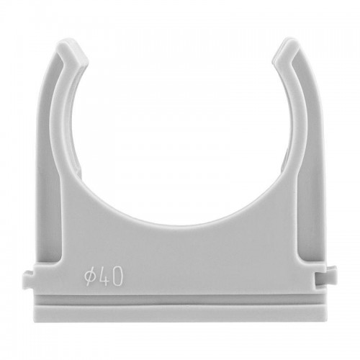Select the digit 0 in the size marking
(117, 276)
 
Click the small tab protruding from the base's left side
(28, 279)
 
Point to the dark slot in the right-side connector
(321, 279)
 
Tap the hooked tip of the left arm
(73, 53)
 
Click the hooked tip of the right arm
(287, 53)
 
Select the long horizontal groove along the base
(180, 300)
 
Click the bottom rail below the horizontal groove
(180, 313)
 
